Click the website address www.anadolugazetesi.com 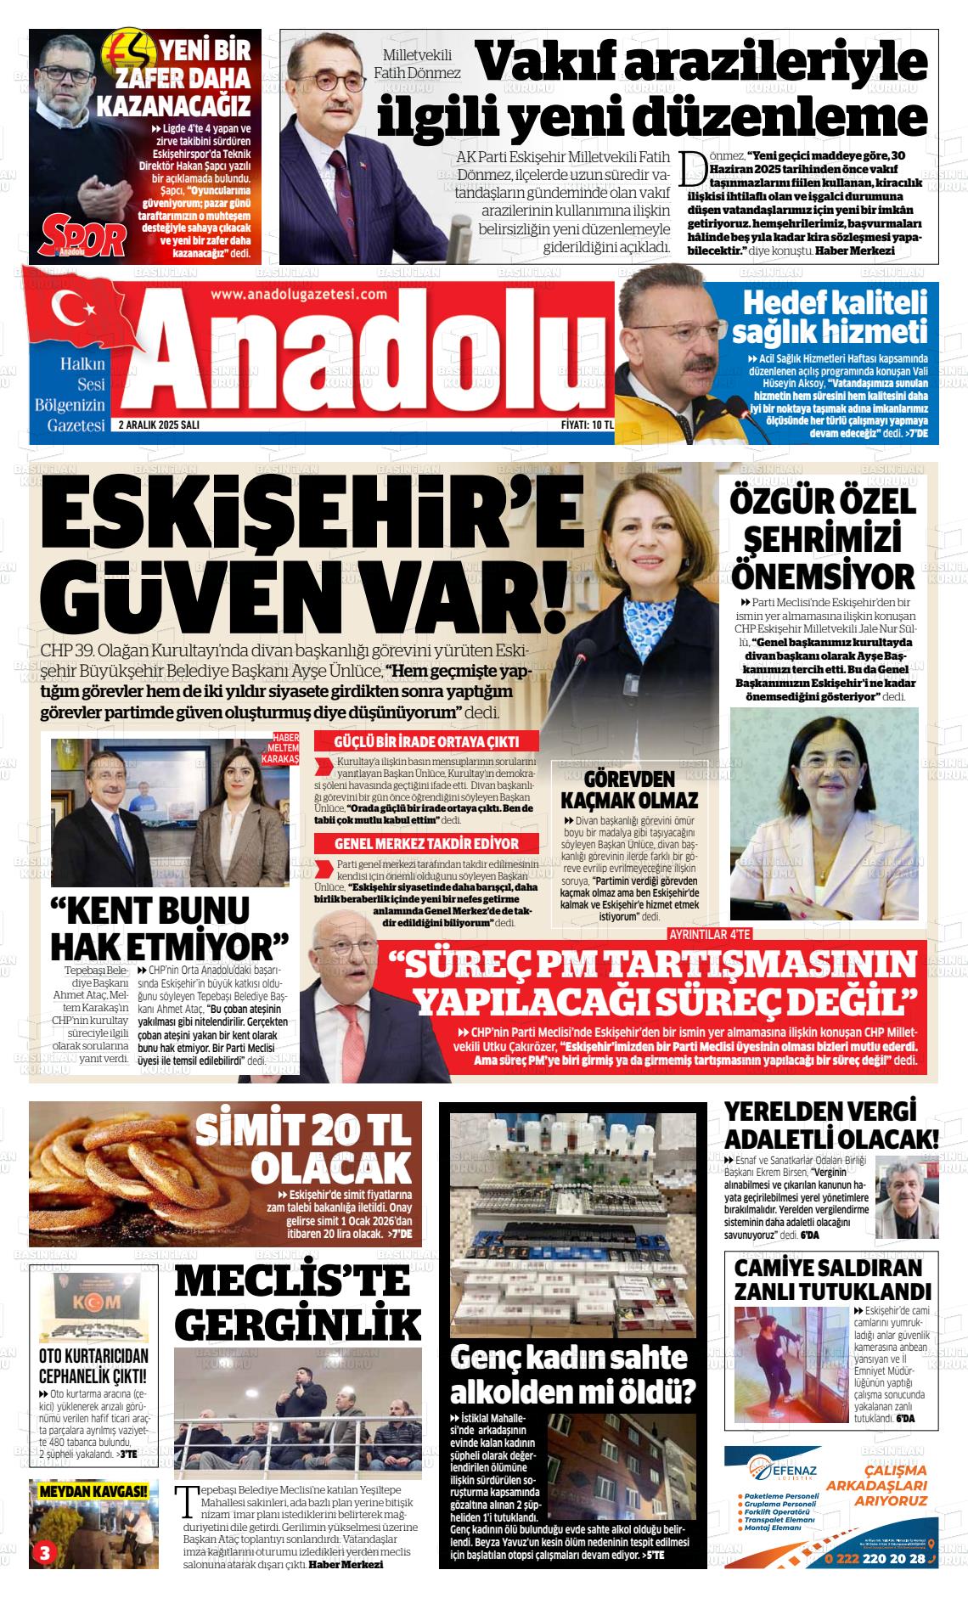click(298, 294)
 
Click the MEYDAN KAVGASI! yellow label click(94, 1490)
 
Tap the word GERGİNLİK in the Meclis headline click(302, 1322)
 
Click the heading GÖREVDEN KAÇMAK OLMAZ click(629, 789)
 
